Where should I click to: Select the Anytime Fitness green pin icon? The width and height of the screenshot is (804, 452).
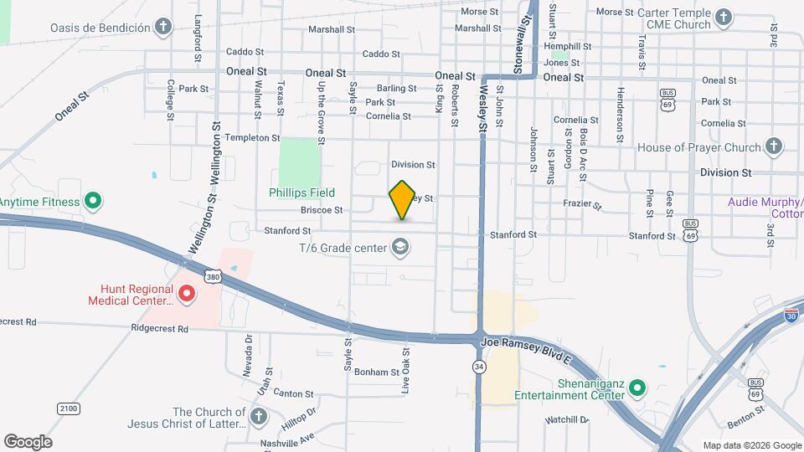coord(94,202)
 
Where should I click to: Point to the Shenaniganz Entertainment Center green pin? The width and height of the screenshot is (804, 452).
coord(636,388)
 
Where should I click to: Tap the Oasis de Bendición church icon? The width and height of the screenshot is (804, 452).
coord(164,27)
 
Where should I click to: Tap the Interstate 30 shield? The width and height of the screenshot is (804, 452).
coord(791,316)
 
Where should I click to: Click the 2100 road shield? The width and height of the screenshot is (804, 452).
coord(69,408)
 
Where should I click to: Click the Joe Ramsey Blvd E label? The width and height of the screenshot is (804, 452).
coord(525,343)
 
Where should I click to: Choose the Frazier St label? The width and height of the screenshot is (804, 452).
coord(584,203)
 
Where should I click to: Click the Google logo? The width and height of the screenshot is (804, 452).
coord(28,441)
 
